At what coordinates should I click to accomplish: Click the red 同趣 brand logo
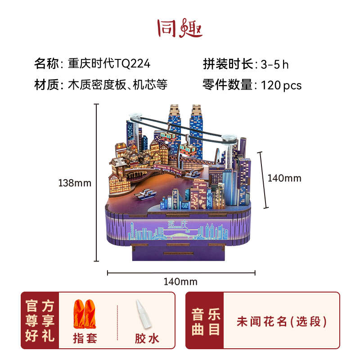coord(180,28)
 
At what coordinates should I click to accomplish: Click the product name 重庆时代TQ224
coord(109,63)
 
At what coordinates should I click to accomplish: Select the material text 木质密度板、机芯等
coord(118,85)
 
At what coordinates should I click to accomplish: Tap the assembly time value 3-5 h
coord(274,64)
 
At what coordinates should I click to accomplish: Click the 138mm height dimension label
coord(75,183)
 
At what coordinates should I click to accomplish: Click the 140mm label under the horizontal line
coord(180,282)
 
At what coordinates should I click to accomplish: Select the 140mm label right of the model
coord(284,178)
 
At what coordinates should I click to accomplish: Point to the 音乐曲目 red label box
coord(205,321)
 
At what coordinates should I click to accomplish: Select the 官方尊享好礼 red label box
coord(40,321)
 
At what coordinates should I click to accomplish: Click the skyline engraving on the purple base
coord(180,230)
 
